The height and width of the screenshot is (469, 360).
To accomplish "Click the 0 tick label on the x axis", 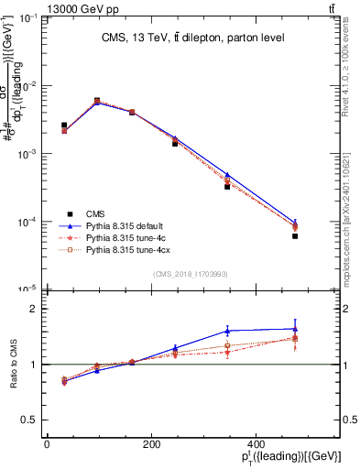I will [47, 442].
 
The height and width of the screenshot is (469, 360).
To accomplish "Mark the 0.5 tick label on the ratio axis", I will [30, 420].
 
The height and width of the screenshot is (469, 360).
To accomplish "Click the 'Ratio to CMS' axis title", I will [12, 365].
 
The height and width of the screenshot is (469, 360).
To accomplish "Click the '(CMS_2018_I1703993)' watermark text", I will [190, 273].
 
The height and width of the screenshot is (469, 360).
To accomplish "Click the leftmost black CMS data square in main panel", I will [64, 125].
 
